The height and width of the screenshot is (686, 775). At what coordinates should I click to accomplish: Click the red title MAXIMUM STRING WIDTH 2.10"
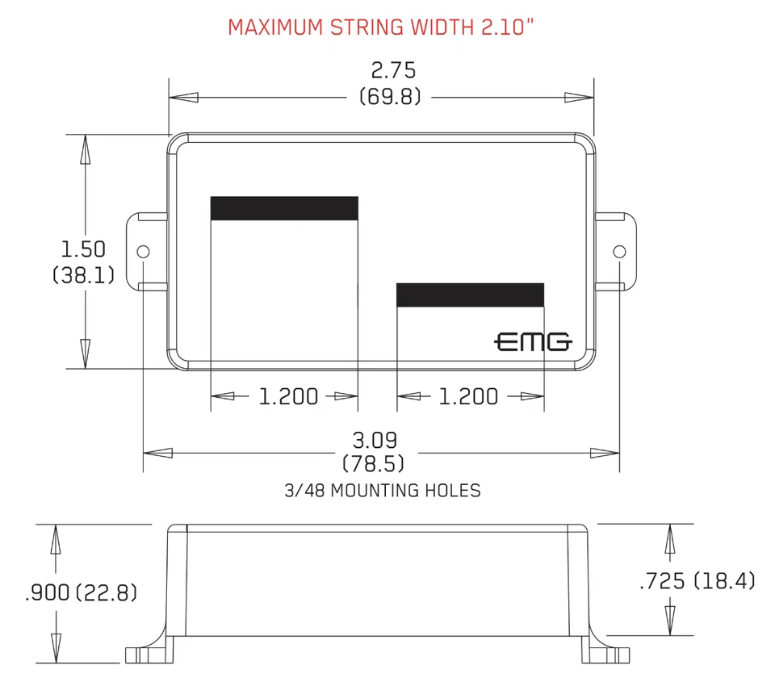click(381, 27)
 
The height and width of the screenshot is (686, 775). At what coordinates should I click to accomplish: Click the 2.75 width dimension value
click(393, 70)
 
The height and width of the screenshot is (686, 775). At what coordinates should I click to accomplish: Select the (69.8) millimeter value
click(391, 98)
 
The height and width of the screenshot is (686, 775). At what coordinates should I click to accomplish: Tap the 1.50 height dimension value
click(84, 249)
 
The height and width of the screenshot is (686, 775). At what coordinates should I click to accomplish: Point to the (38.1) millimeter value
click(84, 275)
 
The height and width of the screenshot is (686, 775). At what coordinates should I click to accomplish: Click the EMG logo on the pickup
click(533, 342)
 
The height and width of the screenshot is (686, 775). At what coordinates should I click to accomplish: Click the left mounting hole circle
click(144, 251)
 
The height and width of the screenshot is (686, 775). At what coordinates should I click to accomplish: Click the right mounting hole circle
click(619, 251)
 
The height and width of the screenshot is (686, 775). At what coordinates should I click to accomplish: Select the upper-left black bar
click(284, 208)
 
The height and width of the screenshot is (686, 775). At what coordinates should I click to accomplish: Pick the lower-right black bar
click(470, 295)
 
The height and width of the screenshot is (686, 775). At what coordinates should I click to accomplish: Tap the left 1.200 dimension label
click(288, 396)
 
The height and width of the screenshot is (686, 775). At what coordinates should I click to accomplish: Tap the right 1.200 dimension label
click(468, 396)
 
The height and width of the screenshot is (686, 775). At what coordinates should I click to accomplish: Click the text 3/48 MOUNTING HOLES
click(383, 490)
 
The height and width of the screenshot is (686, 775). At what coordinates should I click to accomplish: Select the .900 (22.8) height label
click(82, 593)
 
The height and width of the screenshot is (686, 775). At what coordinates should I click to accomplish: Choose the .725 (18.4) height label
click(697, 580)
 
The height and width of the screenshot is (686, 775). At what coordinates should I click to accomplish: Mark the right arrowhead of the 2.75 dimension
click(580, 98)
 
